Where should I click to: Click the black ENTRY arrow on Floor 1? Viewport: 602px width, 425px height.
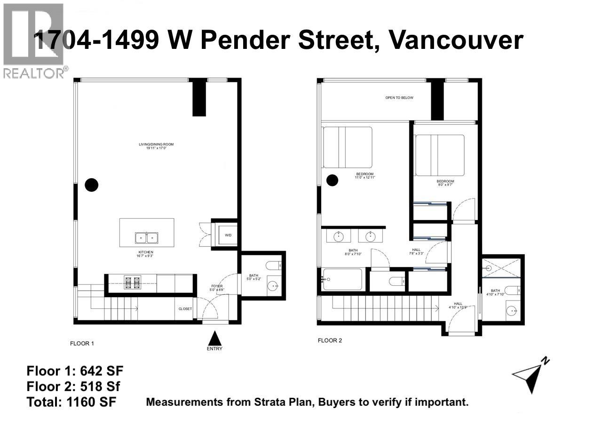[214, 338]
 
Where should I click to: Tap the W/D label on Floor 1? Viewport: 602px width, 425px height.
[228, 235]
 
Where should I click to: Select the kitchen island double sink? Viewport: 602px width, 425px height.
[146, 238]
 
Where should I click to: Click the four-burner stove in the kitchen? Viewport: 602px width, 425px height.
[132, 283]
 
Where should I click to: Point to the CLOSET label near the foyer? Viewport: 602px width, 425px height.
[185, 309]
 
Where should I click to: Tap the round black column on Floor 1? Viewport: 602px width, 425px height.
[91, 185]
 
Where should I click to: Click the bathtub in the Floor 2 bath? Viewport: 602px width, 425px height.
[342, 279]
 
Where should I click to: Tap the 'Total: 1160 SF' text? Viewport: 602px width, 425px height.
[71, 402]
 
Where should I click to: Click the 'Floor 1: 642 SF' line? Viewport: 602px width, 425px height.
[75, 370]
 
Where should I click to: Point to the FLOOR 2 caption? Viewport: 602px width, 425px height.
[330, 340]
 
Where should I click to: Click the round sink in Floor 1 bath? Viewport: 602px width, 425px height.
[273, 286]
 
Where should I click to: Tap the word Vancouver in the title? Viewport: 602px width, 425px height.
[456, 40]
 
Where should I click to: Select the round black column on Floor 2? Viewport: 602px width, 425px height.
[333, 179]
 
